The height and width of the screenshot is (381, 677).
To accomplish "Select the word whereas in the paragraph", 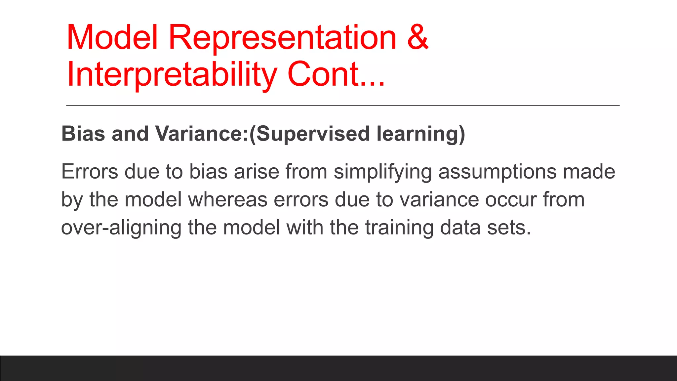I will coord(228,200).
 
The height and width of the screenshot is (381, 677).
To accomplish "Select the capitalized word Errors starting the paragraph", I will coord(90,172).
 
